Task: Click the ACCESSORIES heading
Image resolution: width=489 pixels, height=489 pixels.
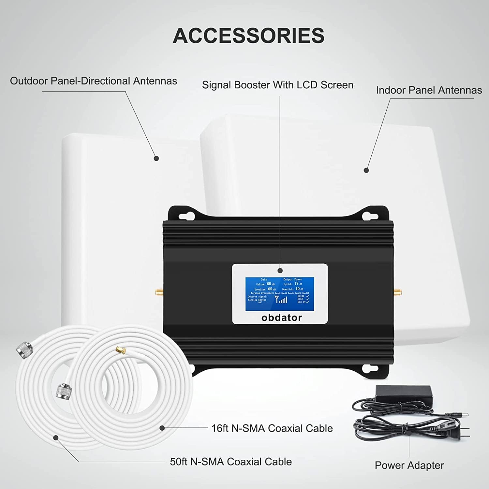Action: [248, 36]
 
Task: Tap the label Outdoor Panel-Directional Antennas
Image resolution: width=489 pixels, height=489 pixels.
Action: [94, 81]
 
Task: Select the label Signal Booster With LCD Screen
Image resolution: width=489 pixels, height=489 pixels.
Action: [277, 85]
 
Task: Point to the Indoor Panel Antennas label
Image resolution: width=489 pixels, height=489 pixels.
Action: [429, 90]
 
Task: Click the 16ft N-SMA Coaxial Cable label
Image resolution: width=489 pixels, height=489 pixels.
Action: [272, 428]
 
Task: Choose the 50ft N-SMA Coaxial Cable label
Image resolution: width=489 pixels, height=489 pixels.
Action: [231, 461]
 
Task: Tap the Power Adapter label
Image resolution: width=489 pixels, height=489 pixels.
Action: [409, 465]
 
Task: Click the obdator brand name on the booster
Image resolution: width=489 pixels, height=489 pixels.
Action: [282, 318]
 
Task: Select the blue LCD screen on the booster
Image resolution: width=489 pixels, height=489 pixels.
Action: [279, 292]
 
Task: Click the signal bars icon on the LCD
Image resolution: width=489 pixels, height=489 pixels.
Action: [281, 299]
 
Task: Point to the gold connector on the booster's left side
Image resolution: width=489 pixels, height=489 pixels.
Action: [158, 291]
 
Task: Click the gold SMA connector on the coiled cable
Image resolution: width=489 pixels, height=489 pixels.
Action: [120, 351]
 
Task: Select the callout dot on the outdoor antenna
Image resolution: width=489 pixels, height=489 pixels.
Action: [156, 158]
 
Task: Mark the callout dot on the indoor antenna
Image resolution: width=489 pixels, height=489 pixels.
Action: [366, 170]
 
